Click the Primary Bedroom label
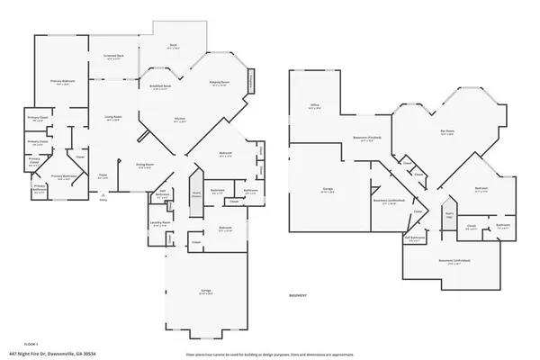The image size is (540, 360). [62, 81]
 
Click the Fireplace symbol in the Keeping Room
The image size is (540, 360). [251, 81]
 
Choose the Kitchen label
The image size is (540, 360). [179, 118]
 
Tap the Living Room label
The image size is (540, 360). [113, 118]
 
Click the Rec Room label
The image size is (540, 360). [446, 131]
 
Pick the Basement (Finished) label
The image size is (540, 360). [364, 139]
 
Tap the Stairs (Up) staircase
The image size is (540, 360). [448, 216]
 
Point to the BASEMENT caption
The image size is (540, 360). [299, 296]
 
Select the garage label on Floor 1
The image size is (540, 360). [204, 291]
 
